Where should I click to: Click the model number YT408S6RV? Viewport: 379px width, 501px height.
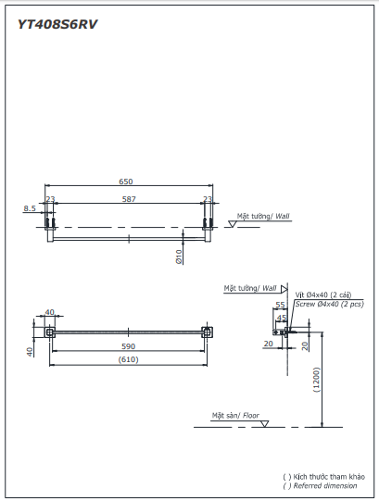57,25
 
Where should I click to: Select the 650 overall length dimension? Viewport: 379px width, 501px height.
127,182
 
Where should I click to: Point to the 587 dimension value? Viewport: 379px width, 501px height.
129,198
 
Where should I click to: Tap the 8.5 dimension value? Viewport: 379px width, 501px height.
30,208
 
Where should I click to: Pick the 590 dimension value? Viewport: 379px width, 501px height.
128,346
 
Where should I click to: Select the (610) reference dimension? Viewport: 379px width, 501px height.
128,359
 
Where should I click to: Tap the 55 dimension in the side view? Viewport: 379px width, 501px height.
280,305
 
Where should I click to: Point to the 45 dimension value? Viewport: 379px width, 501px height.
283,317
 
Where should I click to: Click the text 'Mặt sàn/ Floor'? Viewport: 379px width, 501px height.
234,416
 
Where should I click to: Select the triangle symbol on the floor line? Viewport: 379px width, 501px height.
264,423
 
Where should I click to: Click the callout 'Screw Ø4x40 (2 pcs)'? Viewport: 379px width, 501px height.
329,304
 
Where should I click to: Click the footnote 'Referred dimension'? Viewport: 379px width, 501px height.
324,485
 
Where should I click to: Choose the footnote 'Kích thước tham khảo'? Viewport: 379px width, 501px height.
324,476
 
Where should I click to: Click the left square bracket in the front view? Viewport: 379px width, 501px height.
50,332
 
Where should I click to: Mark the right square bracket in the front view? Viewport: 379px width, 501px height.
208,332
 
